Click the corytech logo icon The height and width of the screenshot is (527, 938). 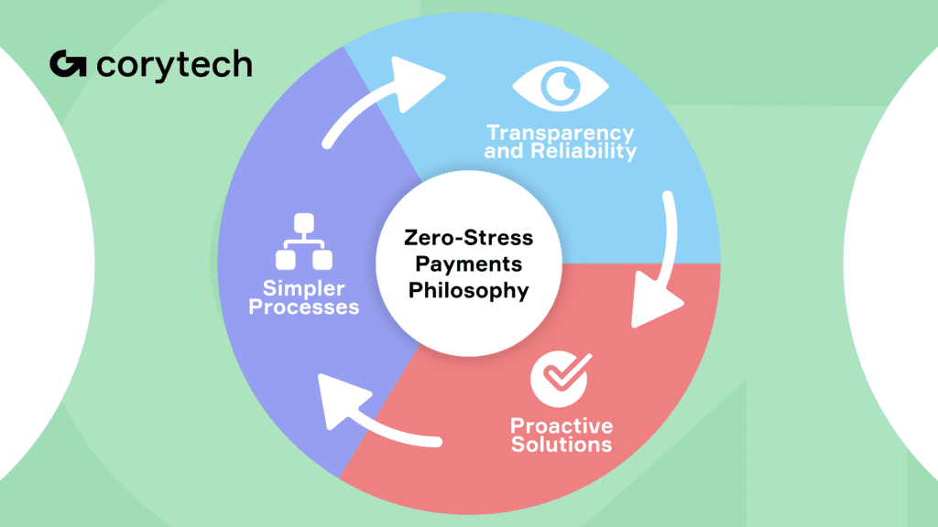click(68, 65)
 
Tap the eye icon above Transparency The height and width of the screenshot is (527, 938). click(560, 88)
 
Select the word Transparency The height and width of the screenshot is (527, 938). click(560, 134)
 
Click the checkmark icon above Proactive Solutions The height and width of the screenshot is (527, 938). click(558, 377)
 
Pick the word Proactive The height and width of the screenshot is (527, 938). click(562, 425)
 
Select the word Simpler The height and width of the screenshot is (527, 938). click(303, 289)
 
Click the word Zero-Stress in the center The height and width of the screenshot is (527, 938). click(468, 238)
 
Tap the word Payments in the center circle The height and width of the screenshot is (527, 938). click(468, 264)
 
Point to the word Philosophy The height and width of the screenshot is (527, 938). click(468, 291)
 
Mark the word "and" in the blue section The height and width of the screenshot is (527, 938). click(502, 152)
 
